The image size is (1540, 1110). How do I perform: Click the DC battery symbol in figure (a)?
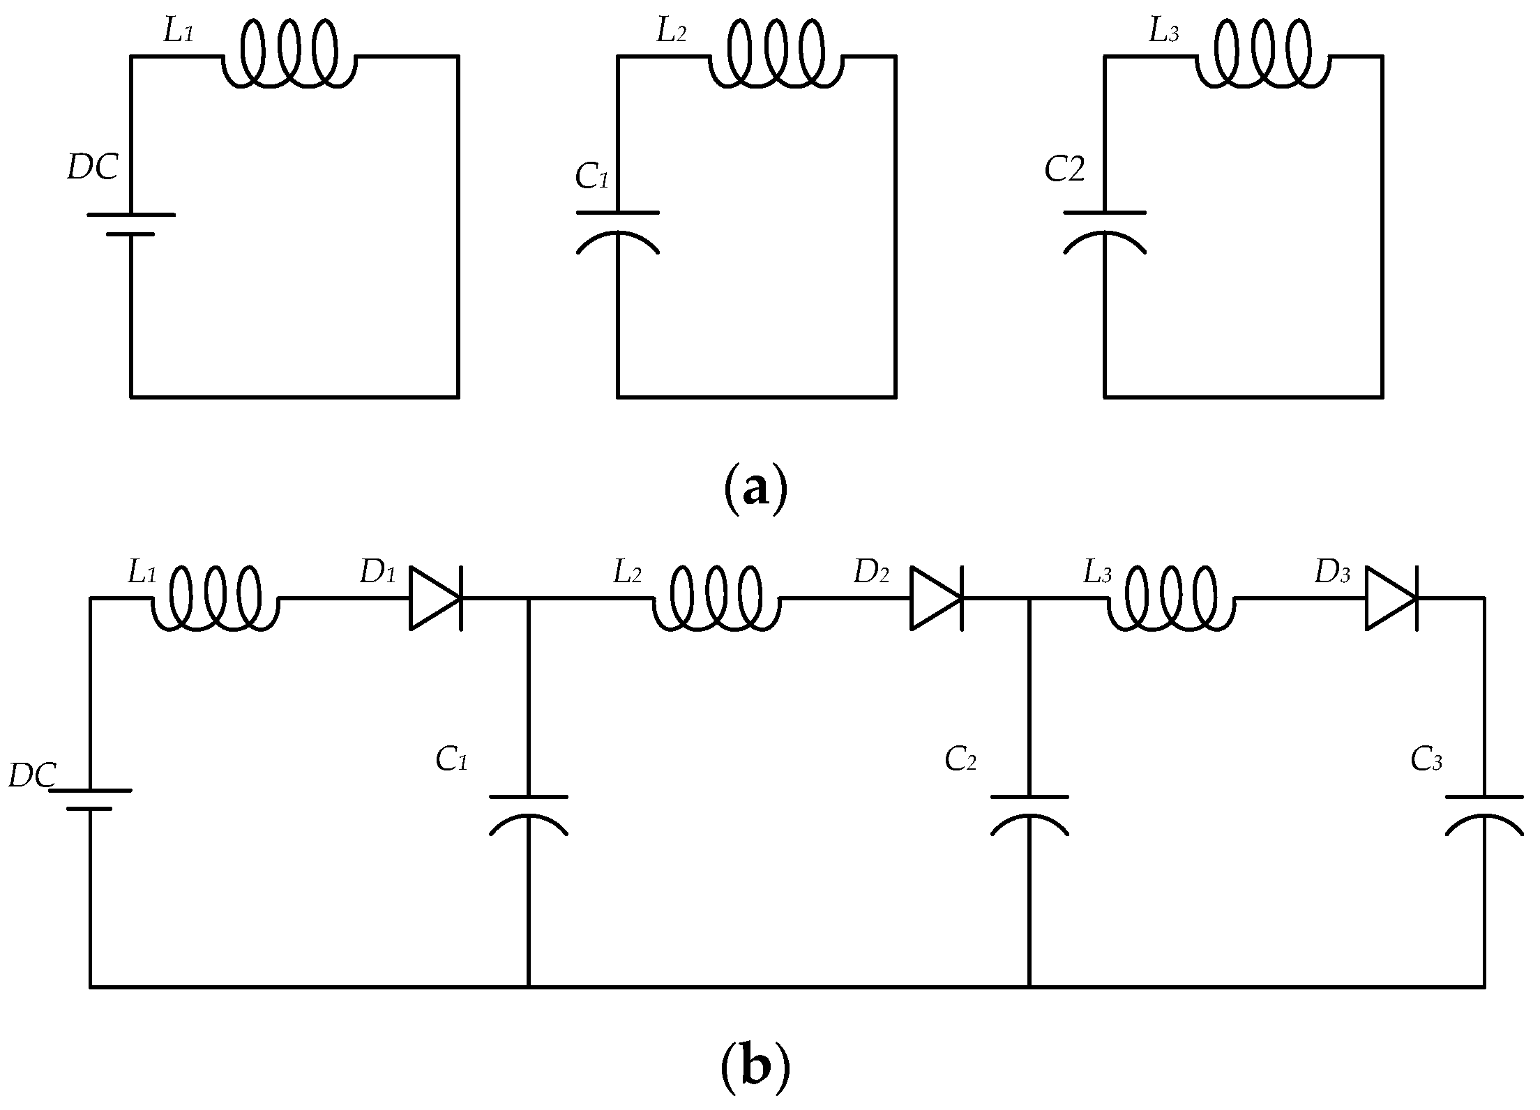click(130, 224)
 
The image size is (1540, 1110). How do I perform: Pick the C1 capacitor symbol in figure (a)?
click(617, 230)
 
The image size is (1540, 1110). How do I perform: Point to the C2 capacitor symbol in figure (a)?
click(1104, 230)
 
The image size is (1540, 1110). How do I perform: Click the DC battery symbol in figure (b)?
click(89, 799)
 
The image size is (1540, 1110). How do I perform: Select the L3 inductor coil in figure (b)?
click(1170, 598)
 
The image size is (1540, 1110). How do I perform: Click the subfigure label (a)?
click(755, 489)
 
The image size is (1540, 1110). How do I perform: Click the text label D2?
click(871, 572)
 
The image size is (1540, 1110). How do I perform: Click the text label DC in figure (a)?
click(92, 168)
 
